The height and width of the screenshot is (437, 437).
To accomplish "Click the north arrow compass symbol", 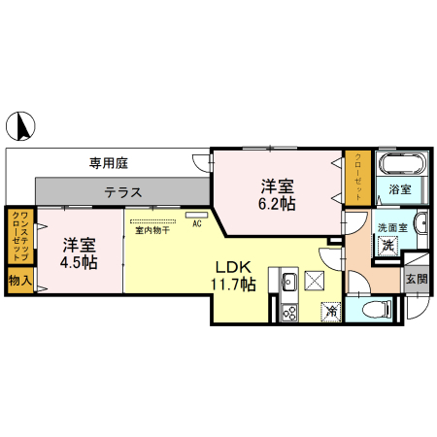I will point(23,125).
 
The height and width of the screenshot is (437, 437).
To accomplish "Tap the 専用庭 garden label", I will point(110,164).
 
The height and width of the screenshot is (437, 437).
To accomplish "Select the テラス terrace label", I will point(124,192).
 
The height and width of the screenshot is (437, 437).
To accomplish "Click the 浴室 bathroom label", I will point(399,188).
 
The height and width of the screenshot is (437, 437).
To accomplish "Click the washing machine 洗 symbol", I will point(387,246).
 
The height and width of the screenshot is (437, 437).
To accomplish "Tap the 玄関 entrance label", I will point(417,280).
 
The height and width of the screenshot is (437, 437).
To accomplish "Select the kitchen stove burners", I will point(288,313).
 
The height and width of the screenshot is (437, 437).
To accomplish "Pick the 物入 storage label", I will point(18,280).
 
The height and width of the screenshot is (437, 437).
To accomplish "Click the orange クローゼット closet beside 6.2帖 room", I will point(356,178).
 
